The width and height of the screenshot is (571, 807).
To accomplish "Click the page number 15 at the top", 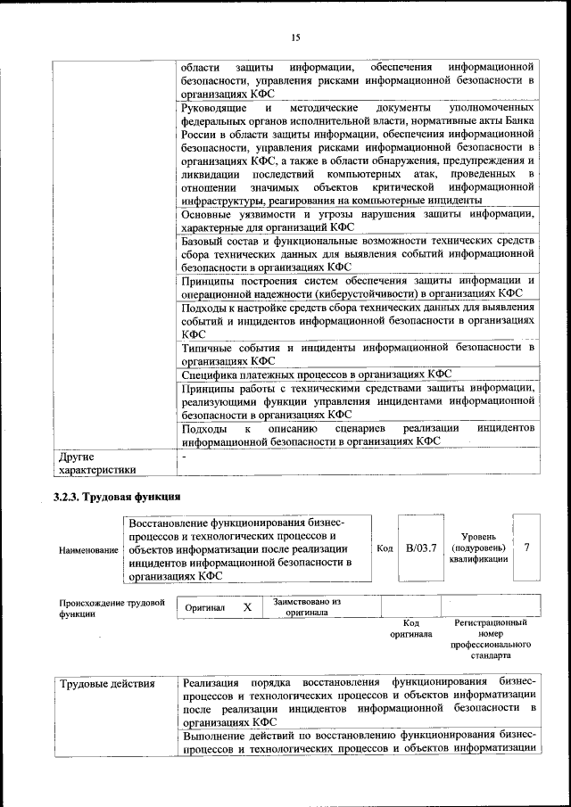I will point(296,37).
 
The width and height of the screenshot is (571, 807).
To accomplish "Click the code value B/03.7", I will point(419,548).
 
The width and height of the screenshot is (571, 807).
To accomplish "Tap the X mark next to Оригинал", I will point(247,606).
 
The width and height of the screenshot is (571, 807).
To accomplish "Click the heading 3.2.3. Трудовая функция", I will point(117,496).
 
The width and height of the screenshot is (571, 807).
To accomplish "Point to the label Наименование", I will point(88,550).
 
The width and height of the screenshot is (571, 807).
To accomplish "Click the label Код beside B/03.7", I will point(385,548).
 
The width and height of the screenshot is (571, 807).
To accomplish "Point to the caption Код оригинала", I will point(410,629).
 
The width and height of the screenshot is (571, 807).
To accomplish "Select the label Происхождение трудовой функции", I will point(112,608).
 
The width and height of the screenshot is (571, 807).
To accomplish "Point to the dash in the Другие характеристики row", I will point(184,456).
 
